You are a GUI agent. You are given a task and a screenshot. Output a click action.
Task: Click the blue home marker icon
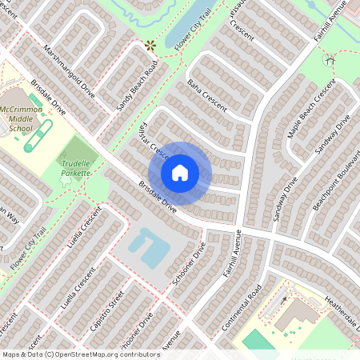pos(180,172)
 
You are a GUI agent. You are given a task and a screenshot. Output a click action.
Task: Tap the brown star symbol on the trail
pos(149,46)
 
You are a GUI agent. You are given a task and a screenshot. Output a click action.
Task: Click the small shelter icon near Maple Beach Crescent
pos(330,60)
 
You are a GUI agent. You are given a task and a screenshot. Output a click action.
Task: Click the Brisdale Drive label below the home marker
pos(157,196)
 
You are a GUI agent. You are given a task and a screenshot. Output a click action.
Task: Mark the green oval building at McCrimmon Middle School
pos(38,136)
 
